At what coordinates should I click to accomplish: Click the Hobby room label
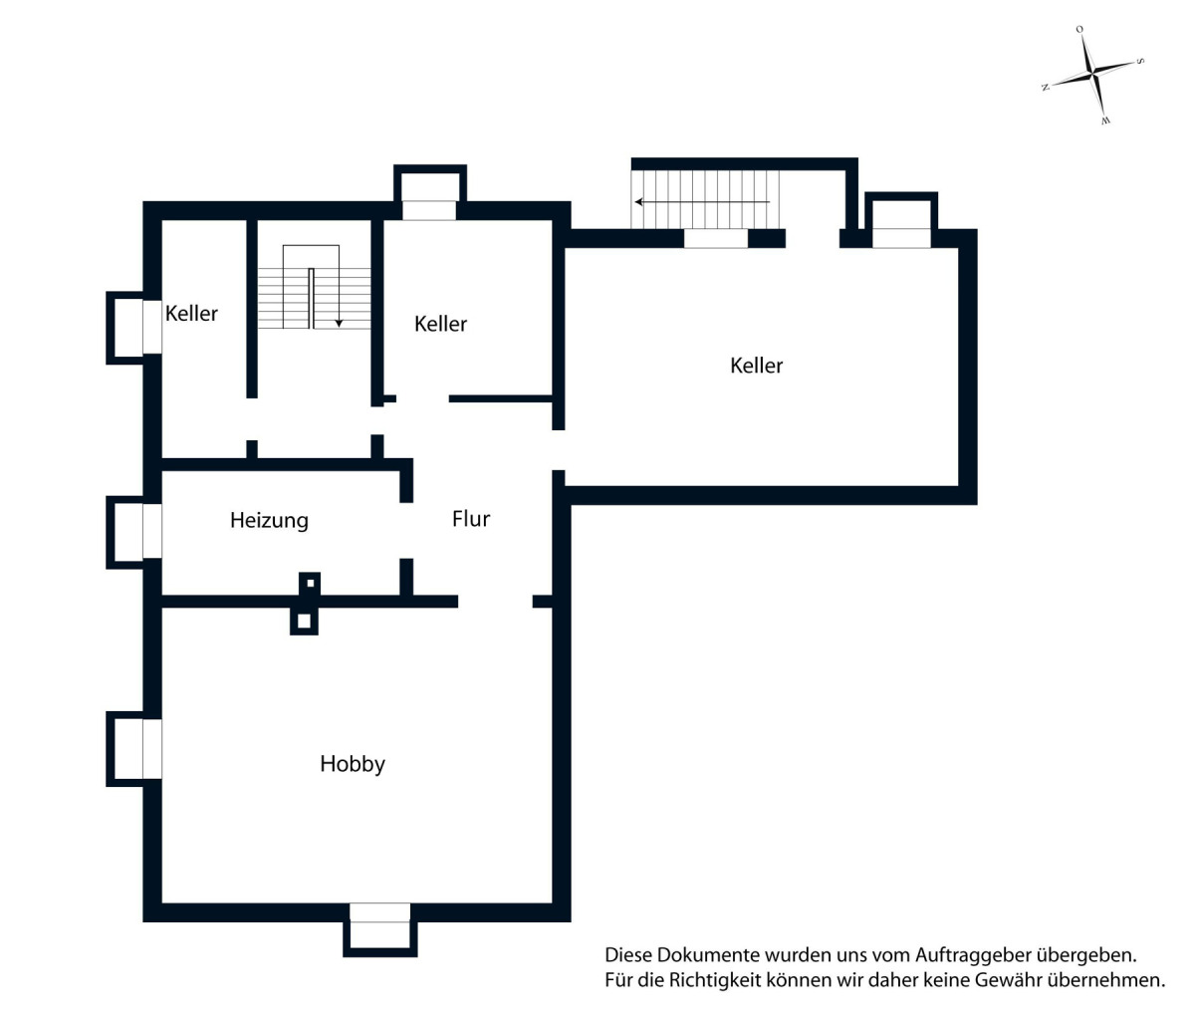point(353,764)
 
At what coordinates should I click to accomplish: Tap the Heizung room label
point(269,520)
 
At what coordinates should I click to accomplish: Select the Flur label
point(471,519)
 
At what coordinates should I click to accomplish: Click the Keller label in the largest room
point(756,366)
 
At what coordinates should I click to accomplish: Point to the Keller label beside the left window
point(191,314)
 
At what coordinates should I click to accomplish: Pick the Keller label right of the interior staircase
point(440,324)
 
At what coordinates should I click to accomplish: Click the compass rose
point(1092,75)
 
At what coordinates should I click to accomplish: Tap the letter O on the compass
point(1079,30)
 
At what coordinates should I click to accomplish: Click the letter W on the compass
point(1105,121)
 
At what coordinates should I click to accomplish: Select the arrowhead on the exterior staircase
point(639,202)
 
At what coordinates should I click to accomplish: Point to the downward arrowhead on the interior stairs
point(339,324)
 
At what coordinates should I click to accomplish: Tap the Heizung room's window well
point(133,532)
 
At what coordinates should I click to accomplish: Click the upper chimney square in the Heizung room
point(310,584)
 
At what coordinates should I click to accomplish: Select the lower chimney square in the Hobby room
point(304,622)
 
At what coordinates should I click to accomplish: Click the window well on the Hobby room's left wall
point(133,749)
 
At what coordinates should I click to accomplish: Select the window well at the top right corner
point(901,220)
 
